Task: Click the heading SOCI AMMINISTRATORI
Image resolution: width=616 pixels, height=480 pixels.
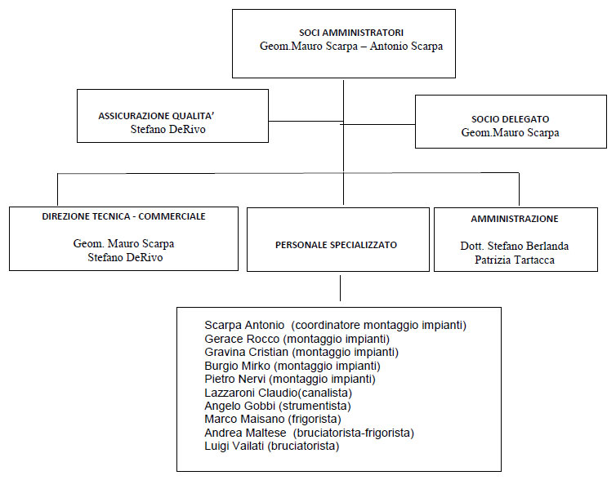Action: pyautogui.click(x=351, y=33)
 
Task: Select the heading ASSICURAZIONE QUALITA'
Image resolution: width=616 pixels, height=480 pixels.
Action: pyautogui.click(x=156, y=116)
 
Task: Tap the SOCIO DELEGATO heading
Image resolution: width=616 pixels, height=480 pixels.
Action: pyautogui.click(x=511, y=119)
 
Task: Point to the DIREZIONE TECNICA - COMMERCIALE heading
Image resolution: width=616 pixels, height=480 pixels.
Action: pyautogui.click(x=123, y=216)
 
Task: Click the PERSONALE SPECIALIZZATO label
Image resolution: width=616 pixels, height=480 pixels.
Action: pyautogui.click(x=337, y=245)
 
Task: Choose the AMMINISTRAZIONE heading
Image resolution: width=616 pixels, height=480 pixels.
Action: pyautogui.click(x=515, y=219)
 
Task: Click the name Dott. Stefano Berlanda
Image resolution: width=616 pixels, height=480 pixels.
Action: pyautogui.click(x=515, y=246)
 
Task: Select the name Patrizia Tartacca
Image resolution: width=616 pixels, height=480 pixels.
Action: pyautogui.click(x=515, y=260)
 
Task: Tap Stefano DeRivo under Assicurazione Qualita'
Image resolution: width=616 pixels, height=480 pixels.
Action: pyautogui.click(x=168, y=129)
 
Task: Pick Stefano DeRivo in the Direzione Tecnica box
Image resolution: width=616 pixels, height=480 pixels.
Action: pyautogui.click(x=125, y=257)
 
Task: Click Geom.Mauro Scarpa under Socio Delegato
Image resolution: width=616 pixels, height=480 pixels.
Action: pyautogui.click(x=511, y=133)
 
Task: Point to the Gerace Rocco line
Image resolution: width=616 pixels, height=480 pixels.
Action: pyautogui.click(x=297, y=339)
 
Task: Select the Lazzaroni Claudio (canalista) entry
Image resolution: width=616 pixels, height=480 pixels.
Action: pyautogui.click(x=278, y=393)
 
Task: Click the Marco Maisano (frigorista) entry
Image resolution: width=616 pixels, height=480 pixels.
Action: pyautogui.click(x=273, y=419)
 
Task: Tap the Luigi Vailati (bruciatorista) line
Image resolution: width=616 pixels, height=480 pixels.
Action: pyautogui.click(x=272, y=446)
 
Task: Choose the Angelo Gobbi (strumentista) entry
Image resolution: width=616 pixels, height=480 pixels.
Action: pyautogui.click(x=278, y=406)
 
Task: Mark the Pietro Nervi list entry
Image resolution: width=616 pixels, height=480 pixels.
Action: pyautogui.click(x=290, y=379)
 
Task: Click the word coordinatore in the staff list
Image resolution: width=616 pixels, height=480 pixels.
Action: pyautogui.click(x=327, y=326)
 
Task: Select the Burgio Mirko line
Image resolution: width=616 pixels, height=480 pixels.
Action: pyautogui.click(x=292, y=366)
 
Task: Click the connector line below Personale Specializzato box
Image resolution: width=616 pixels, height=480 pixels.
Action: pyautogui.click(x=340, y=288)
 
